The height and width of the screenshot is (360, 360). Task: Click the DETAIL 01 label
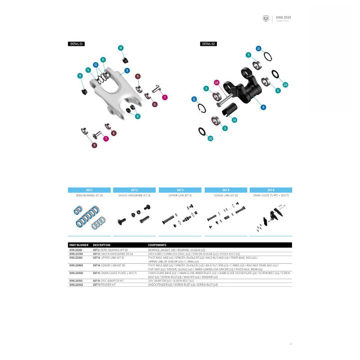(x=76, y=44)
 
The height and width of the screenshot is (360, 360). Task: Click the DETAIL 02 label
(x=209, y=44)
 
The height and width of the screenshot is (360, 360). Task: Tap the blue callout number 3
(x=127, y=71)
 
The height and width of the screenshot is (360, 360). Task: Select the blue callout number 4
(x=263, y=107)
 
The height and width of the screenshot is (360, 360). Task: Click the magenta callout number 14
(x=216, y=82)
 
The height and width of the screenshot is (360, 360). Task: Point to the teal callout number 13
(x=234, y=120)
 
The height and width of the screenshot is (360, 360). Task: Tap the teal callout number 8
(x=138, y=116)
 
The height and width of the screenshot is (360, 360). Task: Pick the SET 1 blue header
(x=89, y=190)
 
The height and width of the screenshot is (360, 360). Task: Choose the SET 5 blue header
(x=270, y=190)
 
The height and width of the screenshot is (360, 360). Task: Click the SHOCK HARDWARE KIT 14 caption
(x=134, y=196)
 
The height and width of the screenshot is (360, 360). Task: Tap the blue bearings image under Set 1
(x=89, y=216)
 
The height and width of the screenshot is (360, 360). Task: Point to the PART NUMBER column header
(x=77, y=245)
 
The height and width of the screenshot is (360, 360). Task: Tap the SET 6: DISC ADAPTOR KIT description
(x=108, y=280)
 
